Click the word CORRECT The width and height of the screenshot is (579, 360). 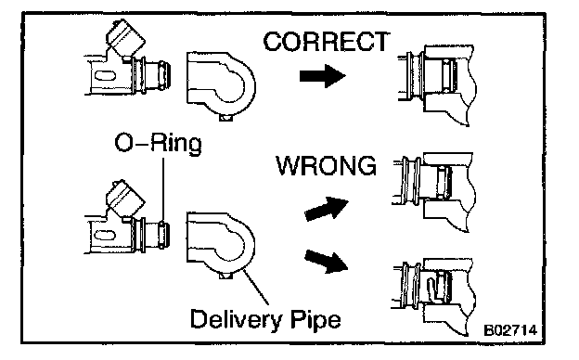tap(327, 42)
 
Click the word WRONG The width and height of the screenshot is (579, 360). tap(327, 166)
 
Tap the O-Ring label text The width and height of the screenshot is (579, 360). tap(158, 143)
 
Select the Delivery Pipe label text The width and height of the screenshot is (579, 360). tap(265, 319)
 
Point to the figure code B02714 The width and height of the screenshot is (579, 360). tap(510, 329)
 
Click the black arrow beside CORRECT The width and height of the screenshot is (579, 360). tap(322, 76)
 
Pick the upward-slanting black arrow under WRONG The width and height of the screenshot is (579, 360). tap(327, 209)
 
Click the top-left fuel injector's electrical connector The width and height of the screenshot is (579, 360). tap(125, 38)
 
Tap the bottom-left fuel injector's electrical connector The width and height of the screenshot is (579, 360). tap(125, 199)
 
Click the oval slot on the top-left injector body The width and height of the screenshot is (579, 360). tap(105, 76)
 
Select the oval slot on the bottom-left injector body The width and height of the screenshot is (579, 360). tap(105, 235)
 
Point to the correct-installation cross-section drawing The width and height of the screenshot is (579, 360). tap(437, 85)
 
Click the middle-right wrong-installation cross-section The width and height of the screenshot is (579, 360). tap(433, 192)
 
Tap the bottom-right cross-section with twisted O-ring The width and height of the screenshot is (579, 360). tap(433, 297)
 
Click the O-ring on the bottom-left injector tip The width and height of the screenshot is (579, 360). tap(162, 235)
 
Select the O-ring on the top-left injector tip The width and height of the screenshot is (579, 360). tap(162, 76)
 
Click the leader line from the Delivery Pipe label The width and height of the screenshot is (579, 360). tap(255, 287)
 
